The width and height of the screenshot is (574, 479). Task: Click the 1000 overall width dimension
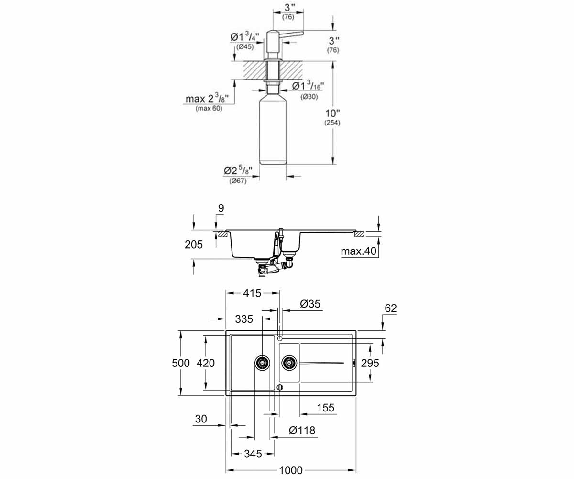point(291,470)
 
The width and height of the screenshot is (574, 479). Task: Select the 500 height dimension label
point(181,363)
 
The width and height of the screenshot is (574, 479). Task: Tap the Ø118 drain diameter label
point(302,431)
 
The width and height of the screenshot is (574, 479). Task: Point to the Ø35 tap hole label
point(310,304)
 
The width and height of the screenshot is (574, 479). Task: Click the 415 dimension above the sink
point(252,293)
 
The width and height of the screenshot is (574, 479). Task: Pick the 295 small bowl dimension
point(370,363)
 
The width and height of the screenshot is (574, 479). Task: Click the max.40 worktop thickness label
point(358,251)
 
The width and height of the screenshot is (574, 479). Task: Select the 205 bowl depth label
point(194,244)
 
